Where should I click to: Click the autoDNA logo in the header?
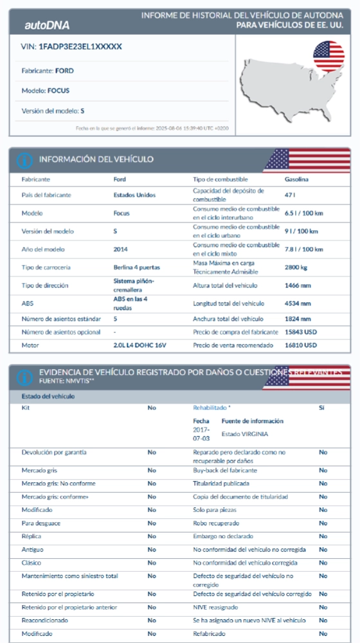[47, 25]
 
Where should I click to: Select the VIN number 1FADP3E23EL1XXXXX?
[80, 47]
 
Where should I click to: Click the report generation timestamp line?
[152, 128]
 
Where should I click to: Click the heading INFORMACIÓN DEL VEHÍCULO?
[96, 159]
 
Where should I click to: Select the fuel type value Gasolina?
[296, 179]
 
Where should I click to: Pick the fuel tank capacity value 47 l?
[289, 195]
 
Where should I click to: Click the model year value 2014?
[120, 249]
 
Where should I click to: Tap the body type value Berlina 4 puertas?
[136, 267]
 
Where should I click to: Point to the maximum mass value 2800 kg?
[296, 267]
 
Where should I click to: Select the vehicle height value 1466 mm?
[297, 285]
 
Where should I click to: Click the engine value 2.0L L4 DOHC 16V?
[139, 345]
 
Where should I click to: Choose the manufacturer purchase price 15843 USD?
[300, 332]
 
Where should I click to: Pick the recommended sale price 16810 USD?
[300, 345]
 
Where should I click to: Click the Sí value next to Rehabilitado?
[322, 408]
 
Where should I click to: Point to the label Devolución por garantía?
[54, 453]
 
